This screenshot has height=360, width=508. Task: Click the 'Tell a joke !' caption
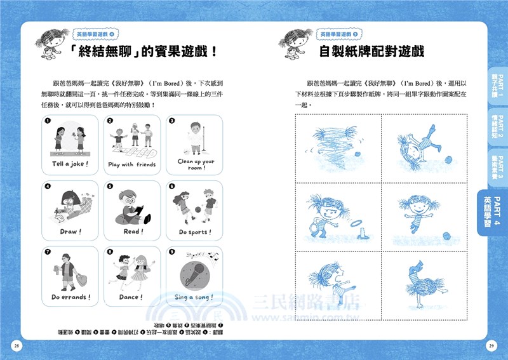click(x=69, y=164)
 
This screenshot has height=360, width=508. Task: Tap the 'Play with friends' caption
click(x=131, y=164)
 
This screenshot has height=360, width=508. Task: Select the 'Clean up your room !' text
click(x=195, y=164)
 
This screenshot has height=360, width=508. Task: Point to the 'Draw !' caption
click(x=69, y=232)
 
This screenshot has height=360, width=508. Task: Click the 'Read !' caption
click(x=131, y=232)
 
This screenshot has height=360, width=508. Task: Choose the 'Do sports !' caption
click(x=195, y=232)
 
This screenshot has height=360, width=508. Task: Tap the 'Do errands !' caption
click(x=70, y=297)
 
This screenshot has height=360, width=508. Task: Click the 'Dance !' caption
click(x=131, y=297)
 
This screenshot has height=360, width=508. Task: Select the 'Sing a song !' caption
click(x=194, y=297)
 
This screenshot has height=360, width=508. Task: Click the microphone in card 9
click(x=191, y=273)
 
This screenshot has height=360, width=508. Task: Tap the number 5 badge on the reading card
click(x=110, y=187)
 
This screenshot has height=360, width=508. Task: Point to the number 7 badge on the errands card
click(x=48, y=252)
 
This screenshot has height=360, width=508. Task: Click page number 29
click(x=491, y=345)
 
